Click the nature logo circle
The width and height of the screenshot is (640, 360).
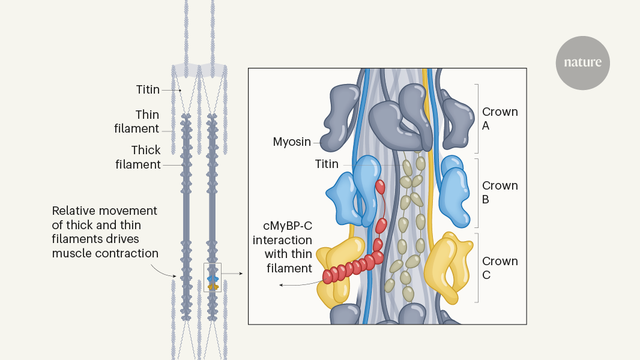click(582, 63)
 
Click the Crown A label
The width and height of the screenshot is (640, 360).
click(500, 119)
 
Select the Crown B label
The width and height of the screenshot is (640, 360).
click(500, 193)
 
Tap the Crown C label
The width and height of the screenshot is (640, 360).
click(500, 268)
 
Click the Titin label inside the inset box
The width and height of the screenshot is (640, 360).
click(327, 164)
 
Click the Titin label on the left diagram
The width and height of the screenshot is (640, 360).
click(148, 90)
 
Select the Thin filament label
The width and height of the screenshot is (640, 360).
click(147, 121)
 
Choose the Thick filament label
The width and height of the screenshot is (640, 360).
click(139, 157)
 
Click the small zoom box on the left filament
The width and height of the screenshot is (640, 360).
click(212, 277)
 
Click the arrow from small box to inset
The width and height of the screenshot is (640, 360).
click(232, 274)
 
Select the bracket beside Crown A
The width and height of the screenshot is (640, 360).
click(477, 118)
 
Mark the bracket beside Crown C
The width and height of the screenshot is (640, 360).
click(477, 268)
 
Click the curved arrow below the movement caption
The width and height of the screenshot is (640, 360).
click(166, 271)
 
